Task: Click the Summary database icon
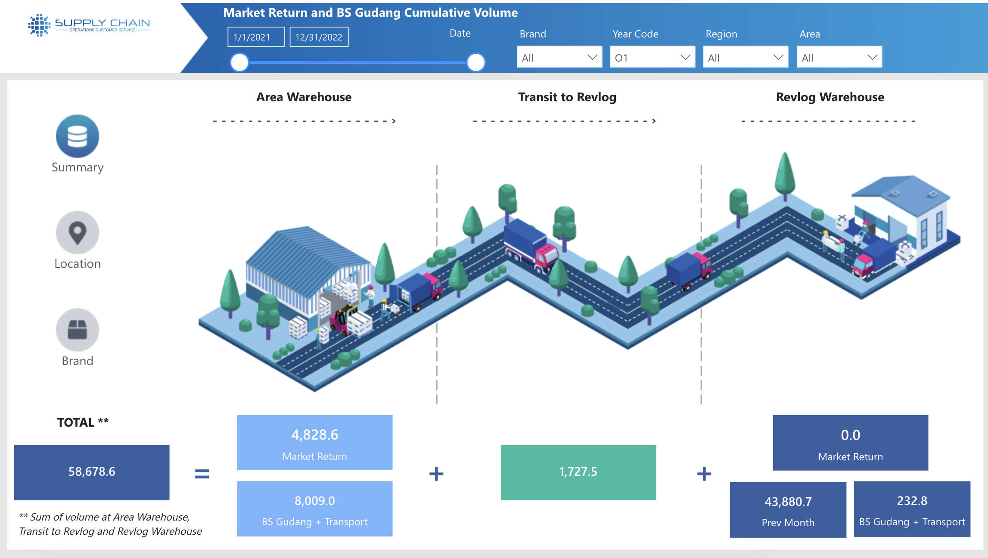78,136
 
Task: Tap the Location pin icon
78,232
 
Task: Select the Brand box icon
78,330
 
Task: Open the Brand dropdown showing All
559,57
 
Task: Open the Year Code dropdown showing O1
652,57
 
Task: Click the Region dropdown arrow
778,57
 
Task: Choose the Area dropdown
839,57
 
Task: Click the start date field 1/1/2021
256,37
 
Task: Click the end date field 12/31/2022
319,37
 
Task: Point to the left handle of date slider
239,62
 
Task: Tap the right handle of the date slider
476,62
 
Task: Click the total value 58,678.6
92,472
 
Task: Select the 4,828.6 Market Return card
314,442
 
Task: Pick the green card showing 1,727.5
578,472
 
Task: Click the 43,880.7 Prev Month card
788,509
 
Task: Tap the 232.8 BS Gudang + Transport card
912,509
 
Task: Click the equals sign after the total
202,474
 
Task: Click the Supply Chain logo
89,25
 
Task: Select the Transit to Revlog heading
567,97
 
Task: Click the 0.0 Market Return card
850,443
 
